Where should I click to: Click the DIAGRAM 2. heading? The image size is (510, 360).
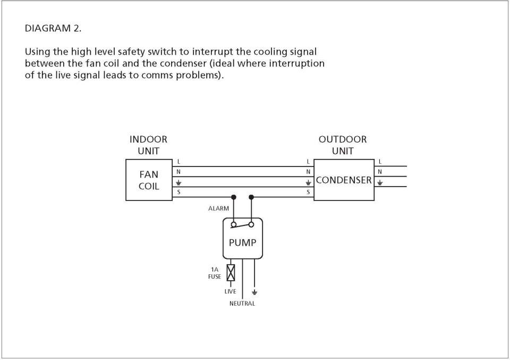tap(53, 28)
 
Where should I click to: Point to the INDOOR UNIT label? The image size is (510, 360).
tap(148, 145)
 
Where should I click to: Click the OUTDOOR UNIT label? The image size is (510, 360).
tap(343, 145)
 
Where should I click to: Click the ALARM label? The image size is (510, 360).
tap(218, 208)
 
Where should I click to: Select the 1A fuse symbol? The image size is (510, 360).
tap(231, 273)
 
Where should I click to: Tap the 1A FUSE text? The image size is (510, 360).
tap(215, 273)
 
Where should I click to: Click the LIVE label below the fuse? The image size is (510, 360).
tap(230, 291)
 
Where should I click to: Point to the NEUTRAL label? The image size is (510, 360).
tap(242, 303)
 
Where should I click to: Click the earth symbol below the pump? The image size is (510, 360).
tap(254, 292)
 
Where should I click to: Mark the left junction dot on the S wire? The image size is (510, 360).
tap(234, 197)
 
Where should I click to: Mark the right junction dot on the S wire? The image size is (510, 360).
tap(251, 197)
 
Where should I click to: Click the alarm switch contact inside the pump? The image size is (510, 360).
tap(242, 224)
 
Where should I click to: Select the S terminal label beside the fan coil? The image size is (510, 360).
tap(178, 192)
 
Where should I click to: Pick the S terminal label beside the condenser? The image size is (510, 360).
tap(308, 192)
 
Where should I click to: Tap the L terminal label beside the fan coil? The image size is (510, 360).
tap(178, 162)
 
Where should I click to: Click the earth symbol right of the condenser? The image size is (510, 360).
tap(379, 182)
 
